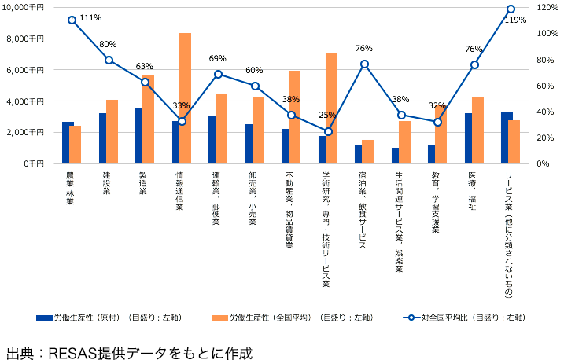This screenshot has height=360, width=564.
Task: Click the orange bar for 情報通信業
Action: (185, 98)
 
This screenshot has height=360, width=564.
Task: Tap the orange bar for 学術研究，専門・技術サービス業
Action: (332, 108)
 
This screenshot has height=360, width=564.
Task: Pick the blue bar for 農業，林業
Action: (68, 142)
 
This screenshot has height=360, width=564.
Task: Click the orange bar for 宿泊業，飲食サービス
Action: (368, 152)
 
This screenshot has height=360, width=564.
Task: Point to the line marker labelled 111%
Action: (72, 20)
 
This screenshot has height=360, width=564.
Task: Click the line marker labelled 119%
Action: (511, 9)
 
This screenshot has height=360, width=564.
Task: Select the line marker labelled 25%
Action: (328, 131)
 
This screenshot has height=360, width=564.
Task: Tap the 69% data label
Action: (218, 59)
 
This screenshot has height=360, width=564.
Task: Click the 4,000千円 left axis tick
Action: (28, 101)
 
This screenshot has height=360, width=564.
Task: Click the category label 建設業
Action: (107, 182)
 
